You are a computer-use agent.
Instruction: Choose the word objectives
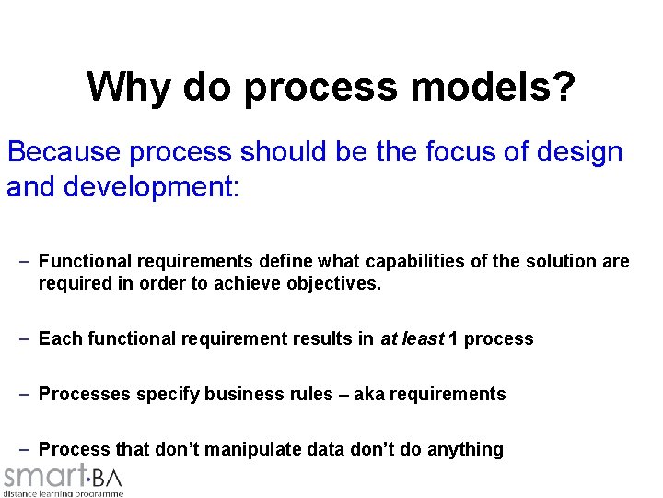click(x=329, y=285)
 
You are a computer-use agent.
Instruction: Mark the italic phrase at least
click(x=412, y=339)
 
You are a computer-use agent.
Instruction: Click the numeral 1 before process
click(x=453, y=339)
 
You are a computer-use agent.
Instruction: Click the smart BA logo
click(x=63, y=477)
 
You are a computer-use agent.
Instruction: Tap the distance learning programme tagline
click(x=63, y=493)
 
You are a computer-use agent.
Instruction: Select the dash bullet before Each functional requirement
click(x=26, y=339)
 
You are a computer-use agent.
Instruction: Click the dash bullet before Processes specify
click(x=26, y=395)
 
